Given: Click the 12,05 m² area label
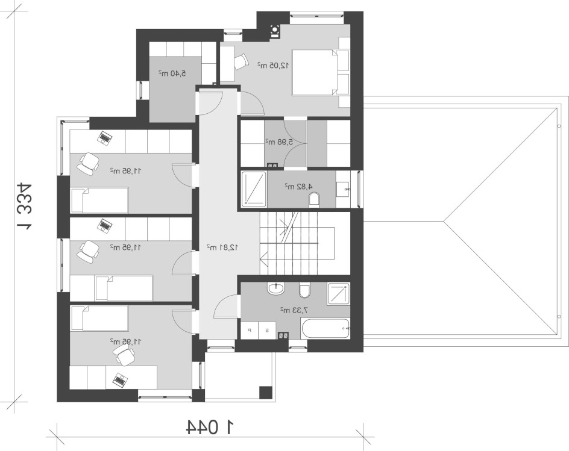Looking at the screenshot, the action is [x=273, y=65].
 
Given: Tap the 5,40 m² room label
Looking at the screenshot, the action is [x=172, y=73].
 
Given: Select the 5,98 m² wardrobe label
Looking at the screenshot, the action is [x=278, y=142].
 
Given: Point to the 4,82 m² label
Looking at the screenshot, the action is [x=298, y=186].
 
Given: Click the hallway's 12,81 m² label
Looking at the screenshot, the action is [x=222, y=247].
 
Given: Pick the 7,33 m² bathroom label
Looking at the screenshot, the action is [x=294, y=310].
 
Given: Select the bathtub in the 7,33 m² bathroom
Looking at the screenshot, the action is [x=325, y=328].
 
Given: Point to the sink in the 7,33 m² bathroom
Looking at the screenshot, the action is [x=277, y=288].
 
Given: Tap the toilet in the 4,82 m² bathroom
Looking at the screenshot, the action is [x=314, y=200].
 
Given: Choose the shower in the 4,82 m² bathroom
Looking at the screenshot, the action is [x=254, y=189].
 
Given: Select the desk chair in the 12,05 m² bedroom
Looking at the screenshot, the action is [x=240, y=61].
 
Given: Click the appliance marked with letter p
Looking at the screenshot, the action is [x=250, y=330].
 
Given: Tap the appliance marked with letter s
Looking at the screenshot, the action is [x=267, y=330].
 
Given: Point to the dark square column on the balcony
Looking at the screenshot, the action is [x=266, y=393].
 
